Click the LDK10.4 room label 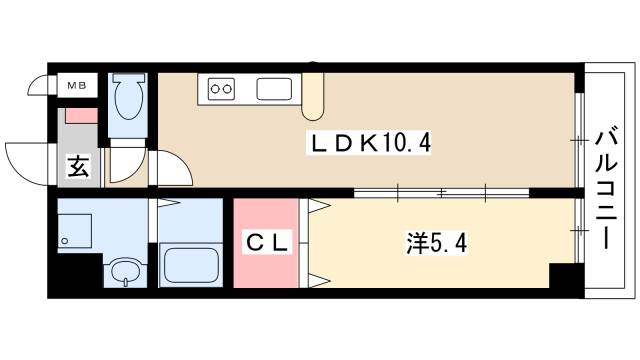pos(369,143)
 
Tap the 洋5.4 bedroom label pos(436,244)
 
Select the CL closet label pos(267,243)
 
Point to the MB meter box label pos(77,86)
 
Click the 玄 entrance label pos(78,166)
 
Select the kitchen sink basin pos(274,89)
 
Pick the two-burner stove pos(221,89)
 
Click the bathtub pos(191,264)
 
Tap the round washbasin pos(126,271)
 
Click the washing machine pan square pos(74,231)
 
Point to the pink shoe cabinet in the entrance pos(82,116)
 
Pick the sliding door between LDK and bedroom pos(442,193)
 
